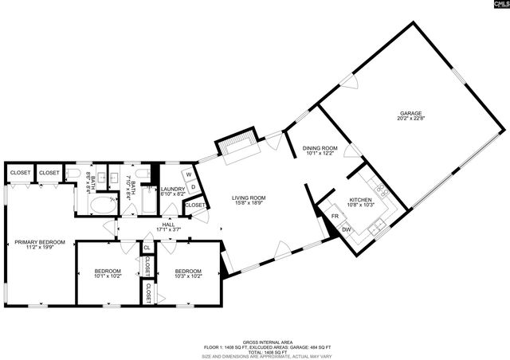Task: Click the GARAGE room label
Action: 410,113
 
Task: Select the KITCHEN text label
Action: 360,200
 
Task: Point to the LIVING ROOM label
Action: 248,198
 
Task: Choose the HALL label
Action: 168,225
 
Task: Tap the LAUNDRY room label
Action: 173,189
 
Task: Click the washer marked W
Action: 189,174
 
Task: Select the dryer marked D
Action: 193,187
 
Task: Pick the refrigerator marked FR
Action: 335,216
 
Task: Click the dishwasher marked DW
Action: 347,230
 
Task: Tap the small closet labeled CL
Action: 147,248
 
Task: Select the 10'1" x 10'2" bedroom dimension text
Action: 107,276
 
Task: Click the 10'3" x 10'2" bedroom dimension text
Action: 188,276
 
